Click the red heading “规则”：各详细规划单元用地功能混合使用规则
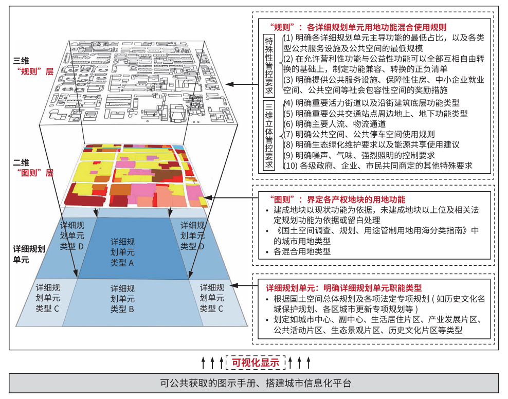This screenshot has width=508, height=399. coord(358,27)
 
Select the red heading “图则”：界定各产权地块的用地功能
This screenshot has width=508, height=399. coord(337,199)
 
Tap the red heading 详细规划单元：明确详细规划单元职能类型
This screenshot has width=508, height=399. coord(344,287)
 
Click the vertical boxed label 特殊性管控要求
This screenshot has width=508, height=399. coord(269,65)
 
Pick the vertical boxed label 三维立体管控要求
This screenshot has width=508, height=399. coord(269,135)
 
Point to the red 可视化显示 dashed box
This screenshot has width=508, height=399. coord(256,362)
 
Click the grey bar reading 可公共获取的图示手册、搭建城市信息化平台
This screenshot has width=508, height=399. coord(253,383)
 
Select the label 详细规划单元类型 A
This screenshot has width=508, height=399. coord(122,252)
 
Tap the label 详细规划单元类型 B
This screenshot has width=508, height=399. coord(122,299)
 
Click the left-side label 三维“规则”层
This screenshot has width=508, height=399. coord(33,66)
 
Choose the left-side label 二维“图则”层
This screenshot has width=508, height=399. coord(33,168)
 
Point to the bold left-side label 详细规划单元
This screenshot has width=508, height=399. coord(29,254)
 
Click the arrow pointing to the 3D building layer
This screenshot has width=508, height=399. coord(242,84)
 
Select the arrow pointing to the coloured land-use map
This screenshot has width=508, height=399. coord(230,197)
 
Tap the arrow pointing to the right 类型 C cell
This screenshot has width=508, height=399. coord(244,286)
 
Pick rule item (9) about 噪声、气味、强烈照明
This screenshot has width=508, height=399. coord(359,155)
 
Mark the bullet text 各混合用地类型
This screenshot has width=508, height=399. coord(302,251)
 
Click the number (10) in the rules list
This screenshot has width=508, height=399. coord(291,166)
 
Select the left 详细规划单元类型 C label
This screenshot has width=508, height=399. coord(48,298)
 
